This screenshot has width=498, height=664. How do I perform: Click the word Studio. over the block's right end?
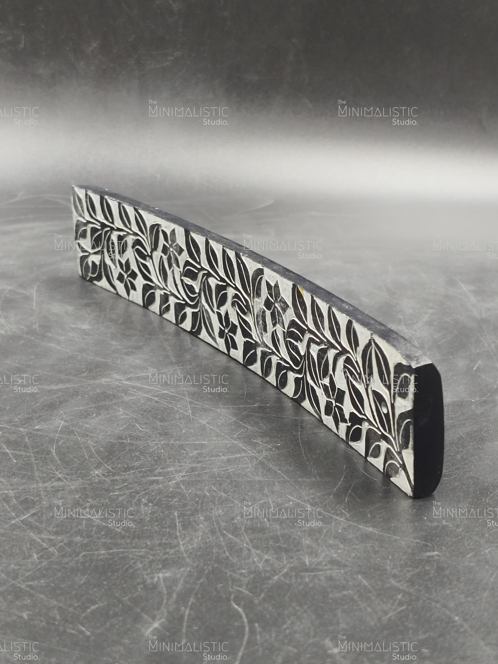(x=405, y=389)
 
